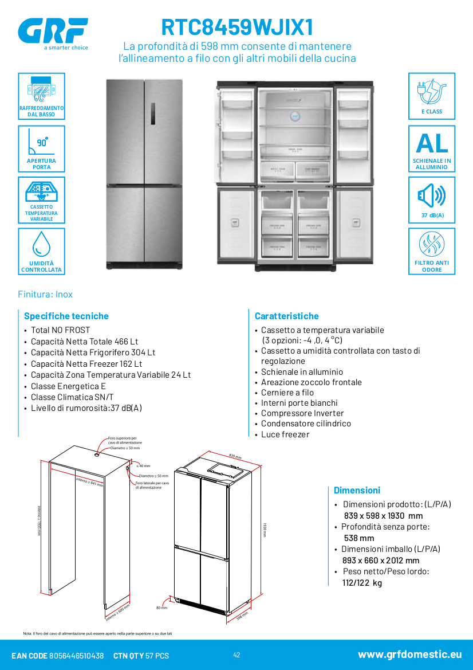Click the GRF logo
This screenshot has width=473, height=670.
point(53,31)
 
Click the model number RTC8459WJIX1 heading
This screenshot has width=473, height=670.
point(237,28)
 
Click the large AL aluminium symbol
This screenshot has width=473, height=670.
point(432,143)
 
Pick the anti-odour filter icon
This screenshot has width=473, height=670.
point(431,245)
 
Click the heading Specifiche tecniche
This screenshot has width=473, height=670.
point(66,316)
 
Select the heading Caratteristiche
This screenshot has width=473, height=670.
point(287,316)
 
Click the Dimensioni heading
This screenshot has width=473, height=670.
point(357,490)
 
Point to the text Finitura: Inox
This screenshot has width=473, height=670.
point(45,294)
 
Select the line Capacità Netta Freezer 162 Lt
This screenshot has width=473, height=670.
point(86,363)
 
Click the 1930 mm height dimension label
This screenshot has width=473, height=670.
point(265,528)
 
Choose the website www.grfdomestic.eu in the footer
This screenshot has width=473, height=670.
point(409,655)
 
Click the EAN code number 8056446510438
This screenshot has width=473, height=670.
point(77,656)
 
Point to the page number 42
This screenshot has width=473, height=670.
point(236,655)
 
